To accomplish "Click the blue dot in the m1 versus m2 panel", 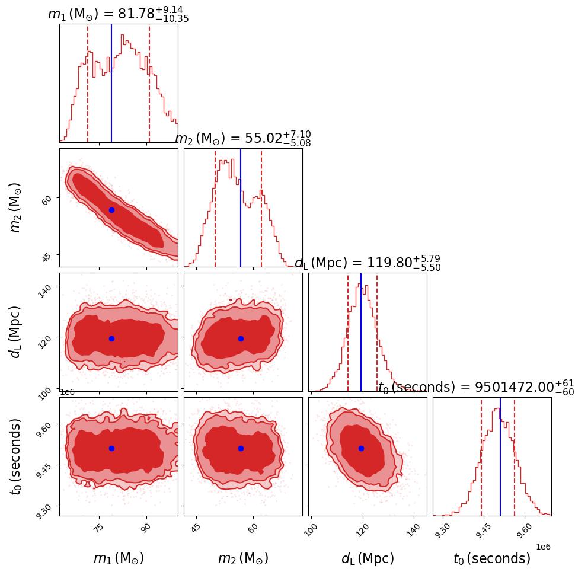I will click(x=111, y=210).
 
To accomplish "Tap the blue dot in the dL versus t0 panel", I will click(x=361, y=448).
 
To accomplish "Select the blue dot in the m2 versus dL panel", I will click(x=241, y=338).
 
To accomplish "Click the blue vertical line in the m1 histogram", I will click(x=111, y=83).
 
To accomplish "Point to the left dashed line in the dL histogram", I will click(x=348, y=332).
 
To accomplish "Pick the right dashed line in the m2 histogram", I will click(x=261, y=207).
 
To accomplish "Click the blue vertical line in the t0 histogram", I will click(x=500, y=456).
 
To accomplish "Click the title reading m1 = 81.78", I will click(x=119, y=14).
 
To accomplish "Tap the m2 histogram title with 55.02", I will click(x=243, y=139).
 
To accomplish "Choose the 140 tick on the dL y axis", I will click(x=46, y=287).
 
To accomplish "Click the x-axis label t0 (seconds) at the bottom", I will click(x=492, y=558).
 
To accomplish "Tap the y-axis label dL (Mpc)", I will click(x=17, y=332).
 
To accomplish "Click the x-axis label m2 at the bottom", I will click(x=243, y=558).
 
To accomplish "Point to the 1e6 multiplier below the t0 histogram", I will click(x=542, y=547).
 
